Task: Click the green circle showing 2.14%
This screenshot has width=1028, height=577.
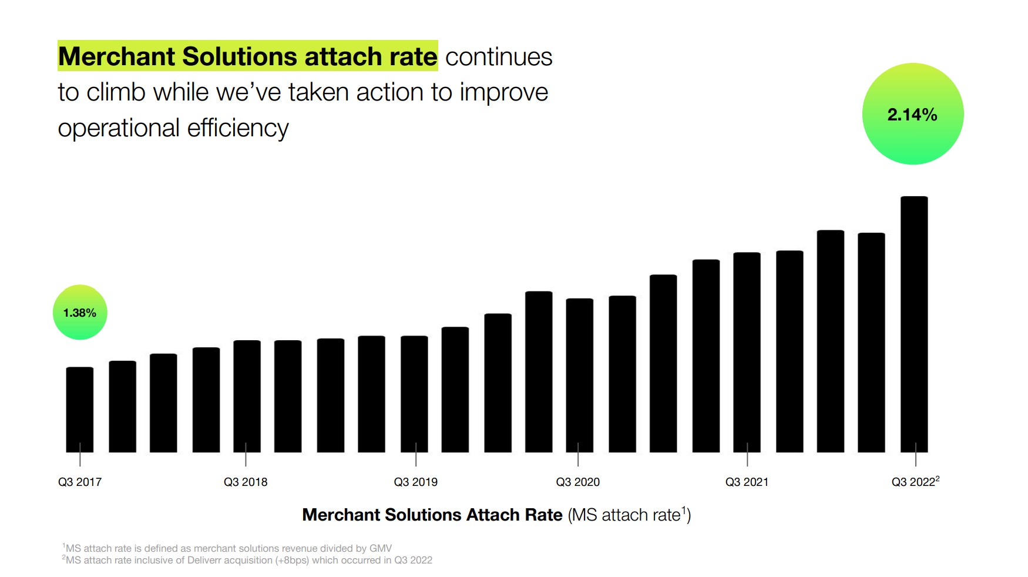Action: [x=912, y=113]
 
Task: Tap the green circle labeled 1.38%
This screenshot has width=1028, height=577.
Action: [x=80, y=312]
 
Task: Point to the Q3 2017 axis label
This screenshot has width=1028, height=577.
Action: [x=80, y=482]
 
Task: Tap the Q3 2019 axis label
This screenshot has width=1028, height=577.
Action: [x=415, y=482]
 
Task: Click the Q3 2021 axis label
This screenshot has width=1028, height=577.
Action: [x=747, y=482]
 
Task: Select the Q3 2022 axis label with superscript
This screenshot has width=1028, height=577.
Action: [x=915, y=482]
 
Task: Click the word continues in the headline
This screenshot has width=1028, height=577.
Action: [x=498, y=57]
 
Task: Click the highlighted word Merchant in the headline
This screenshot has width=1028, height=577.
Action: [x=117, y=56]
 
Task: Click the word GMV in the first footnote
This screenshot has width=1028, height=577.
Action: [x=380, y=548]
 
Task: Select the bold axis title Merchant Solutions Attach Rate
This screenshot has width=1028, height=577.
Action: [x=432, y=515]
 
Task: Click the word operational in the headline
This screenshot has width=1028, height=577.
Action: [x=118, y=128]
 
